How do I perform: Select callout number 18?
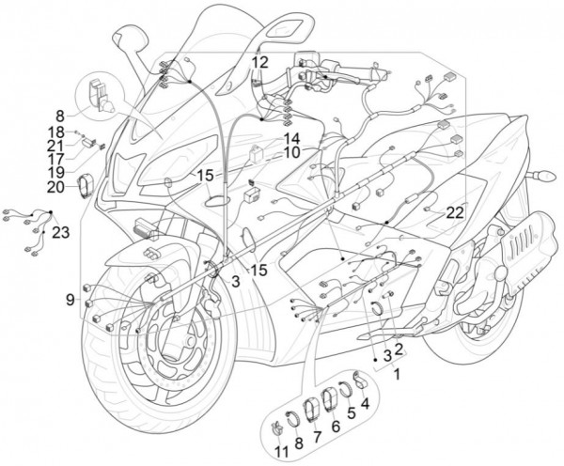(56, 132)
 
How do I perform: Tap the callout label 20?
(55, 186)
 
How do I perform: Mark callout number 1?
(396, 373)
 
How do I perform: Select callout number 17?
(56, 159)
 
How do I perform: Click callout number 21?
(56, 145)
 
